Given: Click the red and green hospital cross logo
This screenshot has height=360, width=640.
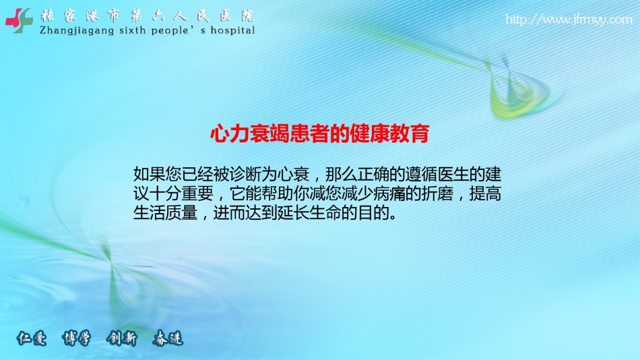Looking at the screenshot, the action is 19,20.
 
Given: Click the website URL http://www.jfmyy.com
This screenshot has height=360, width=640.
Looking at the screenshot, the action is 569,19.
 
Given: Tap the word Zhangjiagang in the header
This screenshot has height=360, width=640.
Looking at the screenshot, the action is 76,31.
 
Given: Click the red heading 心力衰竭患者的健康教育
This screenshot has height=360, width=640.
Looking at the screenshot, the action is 319,133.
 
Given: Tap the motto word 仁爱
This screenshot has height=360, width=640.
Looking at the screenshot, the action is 32,338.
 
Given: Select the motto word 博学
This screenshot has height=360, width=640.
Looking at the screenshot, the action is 76,338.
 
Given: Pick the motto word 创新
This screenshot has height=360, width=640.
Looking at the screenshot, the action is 122,338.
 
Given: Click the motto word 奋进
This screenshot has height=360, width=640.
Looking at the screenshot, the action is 168,338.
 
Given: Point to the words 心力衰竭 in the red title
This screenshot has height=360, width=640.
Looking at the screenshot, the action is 250,133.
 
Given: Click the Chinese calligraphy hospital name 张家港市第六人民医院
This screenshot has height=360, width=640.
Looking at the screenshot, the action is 147,16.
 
